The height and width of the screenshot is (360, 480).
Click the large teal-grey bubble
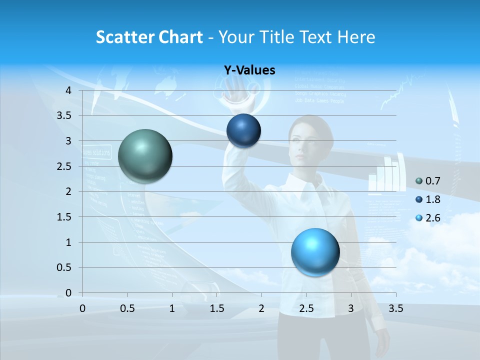tap(145, 156)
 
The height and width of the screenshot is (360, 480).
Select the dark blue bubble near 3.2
tap(243, 131)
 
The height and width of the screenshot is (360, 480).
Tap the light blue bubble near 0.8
tap(315, 252)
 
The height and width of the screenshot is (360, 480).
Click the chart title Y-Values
tap(249, 70)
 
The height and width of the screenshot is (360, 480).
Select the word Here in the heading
tap(356, 37)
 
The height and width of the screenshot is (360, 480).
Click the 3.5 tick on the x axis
tap(395, 308)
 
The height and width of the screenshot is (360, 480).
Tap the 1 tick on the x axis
tap(172, 308)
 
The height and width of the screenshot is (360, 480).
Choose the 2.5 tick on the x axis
tap(306, 308)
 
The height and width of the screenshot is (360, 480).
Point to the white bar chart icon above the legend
tap(385, 175)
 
